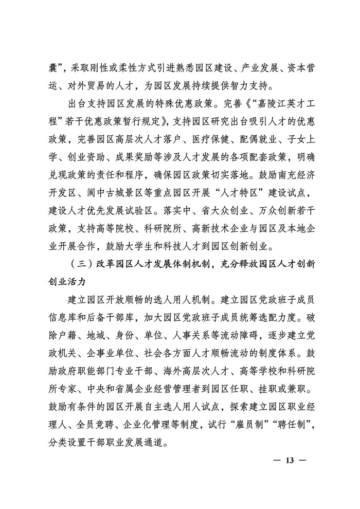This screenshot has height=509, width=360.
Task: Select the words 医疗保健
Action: coord(208,140)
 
